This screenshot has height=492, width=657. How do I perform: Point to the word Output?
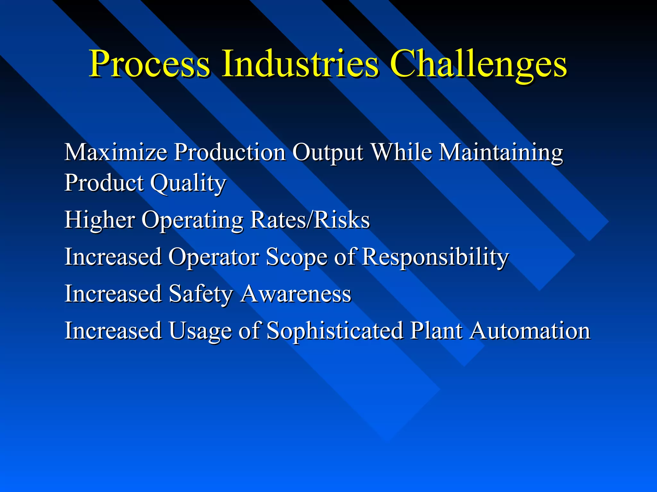click(327, 152)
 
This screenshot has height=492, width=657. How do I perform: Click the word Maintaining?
click(500, 152)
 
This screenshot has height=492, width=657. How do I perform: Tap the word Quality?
click(188, 183)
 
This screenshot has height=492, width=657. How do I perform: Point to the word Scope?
click(296, 257)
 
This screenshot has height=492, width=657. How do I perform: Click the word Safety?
click(201, 294)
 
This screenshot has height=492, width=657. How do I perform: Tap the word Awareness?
click(296, 294)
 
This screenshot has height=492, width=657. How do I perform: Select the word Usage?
click(200, 331)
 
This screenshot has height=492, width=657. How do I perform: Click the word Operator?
click(213, 257)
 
